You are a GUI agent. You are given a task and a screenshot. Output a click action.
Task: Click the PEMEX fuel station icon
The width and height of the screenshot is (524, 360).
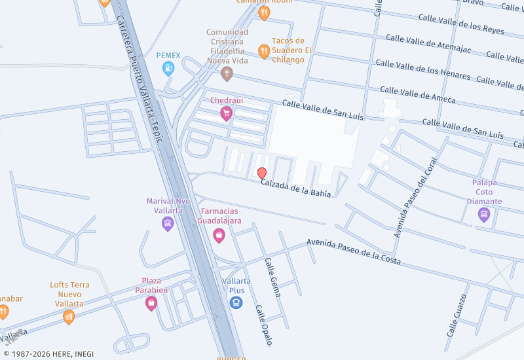tap(169, 67)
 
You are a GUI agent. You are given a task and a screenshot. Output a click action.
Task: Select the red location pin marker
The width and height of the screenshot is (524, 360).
tap(262, 173)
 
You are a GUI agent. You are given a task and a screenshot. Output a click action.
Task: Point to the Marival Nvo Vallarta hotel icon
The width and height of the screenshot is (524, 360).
tap(168, 224)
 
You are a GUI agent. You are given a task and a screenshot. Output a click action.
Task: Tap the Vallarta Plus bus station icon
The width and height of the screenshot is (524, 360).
tap(236, 302)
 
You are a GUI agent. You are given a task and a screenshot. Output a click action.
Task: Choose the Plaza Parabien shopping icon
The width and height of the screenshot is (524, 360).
tap(152, 302)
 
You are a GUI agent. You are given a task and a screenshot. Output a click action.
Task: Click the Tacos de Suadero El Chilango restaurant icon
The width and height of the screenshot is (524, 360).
tap(264, 50)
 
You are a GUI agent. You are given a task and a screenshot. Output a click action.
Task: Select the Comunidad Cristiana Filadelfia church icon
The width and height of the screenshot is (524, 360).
tap(227, 73)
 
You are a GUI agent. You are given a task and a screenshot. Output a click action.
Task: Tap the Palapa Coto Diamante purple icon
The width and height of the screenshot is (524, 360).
tap(484, 215)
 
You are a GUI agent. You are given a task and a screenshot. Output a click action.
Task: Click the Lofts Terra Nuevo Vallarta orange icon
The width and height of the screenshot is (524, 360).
tap(69, 317)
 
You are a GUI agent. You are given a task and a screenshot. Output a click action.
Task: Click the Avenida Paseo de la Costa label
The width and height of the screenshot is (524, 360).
tap(354, 252)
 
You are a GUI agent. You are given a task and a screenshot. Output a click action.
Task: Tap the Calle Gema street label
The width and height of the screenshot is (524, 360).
tap(272, 277)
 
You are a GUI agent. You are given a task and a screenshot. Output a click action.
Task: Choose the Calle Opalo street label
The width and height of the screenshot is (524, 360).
tap(263, 325)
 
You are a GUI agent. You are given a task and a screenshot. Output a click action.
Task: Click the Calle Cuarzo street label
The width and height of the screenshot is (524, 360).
tap(456, 314)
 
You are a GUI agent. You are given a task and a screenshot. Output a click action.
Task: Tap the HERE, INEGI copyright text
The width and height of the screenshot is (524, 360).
tap(47, 354)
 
